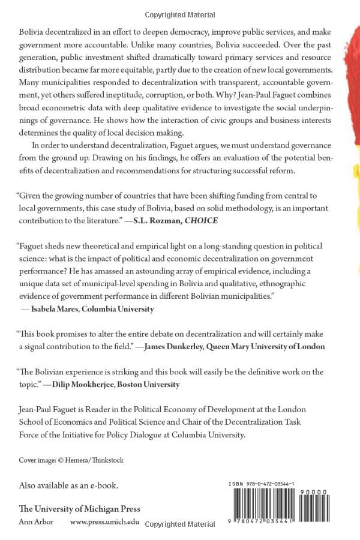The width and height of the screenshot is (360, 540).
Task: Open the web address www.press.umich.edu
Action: point(104,521)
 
